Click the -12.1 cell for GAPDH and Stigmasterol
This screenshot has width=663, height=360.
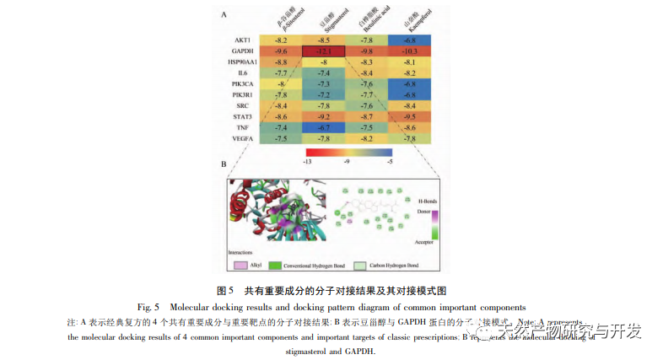[323, 51]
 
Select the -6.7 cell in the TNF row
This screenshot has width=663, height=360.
[323, 126]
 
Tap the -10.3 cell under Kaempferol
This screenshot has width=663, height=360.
[410, 51]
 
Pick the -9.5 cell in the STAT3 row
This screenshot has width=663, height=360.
[410, 116]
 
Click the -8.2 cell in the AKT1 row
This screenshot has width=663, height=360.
[281, 40]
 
